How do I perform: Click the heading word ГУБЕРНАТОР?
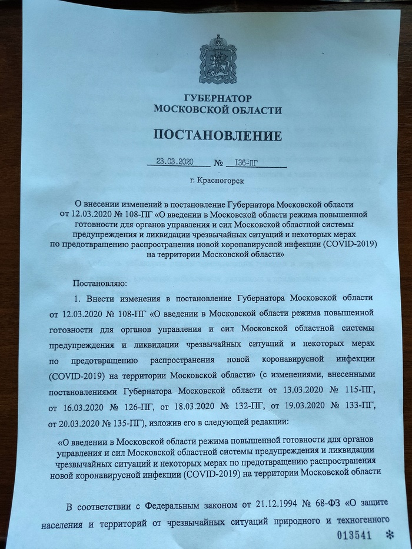217,98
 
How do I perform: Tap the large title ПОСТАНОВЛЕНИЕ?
217,135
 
